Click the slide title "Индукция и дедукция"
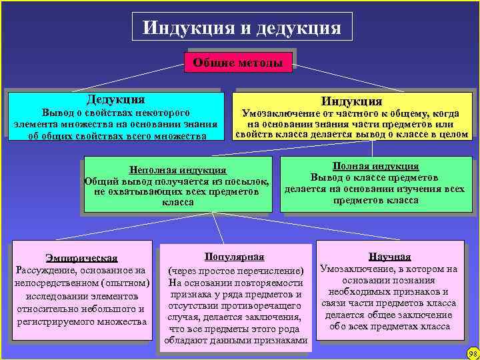point(241,28)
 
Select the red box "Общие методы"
point(238,63)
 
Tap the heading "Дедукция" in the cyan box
point(115,99)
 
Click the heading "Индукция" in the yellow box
point(351,101)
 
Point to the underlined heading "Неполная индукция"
point(177,170)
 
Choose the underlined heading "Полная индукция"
point(375,166)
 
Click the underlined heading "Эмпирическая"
point(82,258)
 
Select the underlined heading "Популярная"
point(234,257)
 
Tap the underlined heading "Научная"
point(389,257)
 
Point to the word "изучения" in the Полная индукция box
point(415,189)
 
